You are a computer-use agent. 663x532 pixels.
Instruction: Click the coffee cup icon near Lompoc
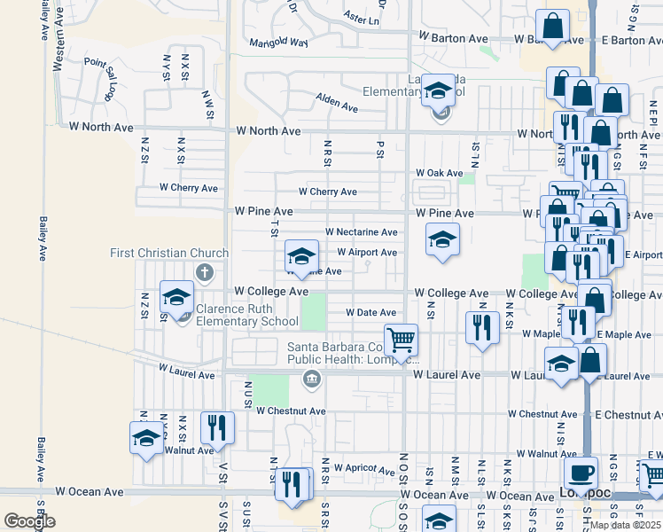pyautogui.click(x=581, y=473)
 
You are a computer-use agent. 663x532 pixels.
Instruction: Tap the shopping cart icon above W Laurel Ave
pyautogui.click(x=402, y=339)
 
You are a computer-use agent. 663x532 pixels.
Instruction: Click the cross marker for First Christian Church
pyautogui.click(x=205, y=272)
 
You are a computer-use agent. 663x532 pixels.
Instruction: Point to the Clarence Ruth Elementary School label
pyautogui.click(x=247, y=316)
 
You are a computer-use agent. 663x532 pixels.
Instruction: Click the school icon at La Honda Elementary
pyautogui.click(x=438, y=90)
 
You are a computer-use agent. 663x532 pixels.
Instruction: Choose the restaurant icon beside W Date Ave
pyautogui.click(x=481, y=327)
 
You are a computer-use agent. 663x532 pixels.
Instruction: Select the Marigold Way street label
pyautogui.click(x=278, y=42)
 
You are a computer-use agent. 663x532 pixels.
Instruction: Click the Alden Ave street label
pyautogui.click(x=337, y=104)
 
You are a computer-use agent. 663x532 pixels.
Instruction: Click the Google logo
pyautogui.click(x=29, y=521)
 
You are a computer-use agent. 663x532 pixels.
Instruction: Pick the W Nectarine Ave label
pyautogui.click(x=361, y=231)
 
